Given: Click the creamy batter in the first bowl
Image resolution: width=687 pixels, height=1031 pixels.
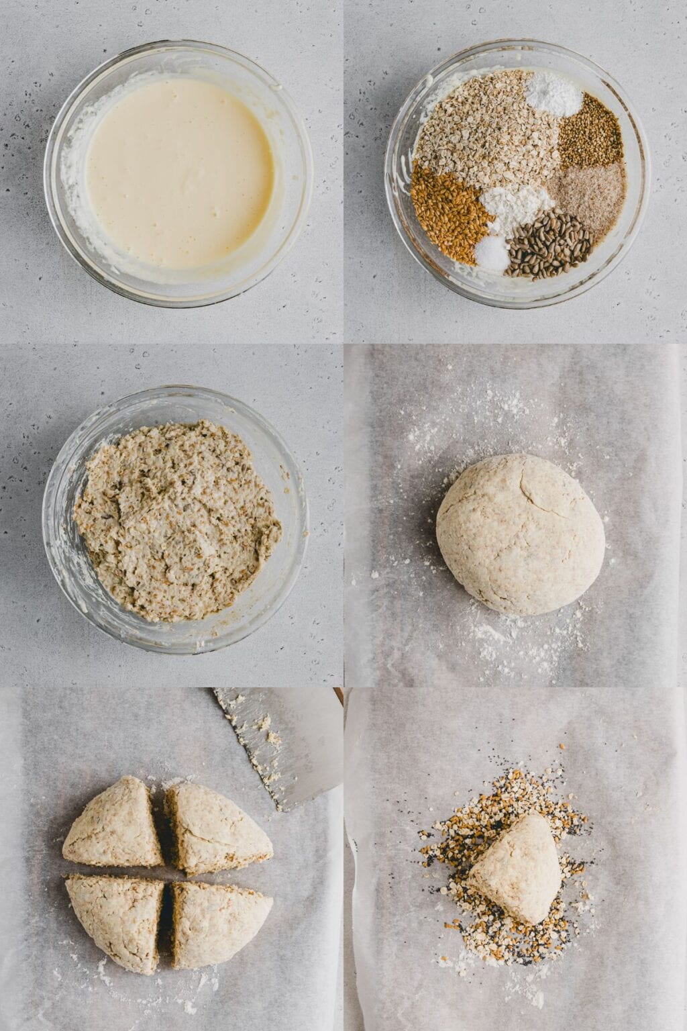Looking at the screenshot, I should click(x=180, y=171).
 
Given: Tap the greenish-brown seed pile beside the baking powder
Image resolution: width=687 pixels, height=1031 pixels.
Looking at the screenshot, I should click(x=590, y=131).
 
